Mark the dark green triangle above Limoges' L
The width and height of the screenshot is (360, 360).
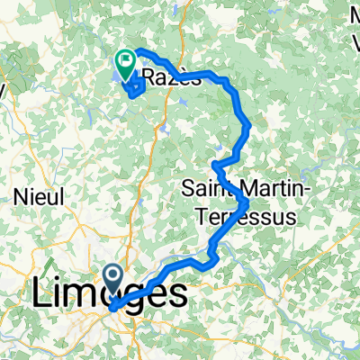pyautogui.click(x=44, y=267)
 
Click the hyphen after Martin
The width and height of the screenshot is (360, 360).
pyautogui.click(x=306, y=191)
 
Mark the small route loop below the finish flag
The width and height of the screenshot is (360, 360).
pyautogui.click(x=133, y=88)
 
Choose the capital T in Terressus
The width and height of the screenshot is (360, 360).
pyautogui.click(x=201, y=216)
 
